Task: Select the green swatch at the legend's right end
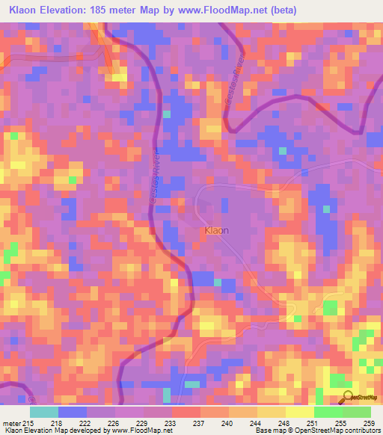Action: (356, 412)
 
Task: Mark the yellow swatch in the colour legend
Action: (299, 412)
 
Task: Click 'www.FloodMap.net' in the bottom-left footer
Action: (141, 431)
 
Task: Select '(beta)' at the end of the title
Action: (282, 10)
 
